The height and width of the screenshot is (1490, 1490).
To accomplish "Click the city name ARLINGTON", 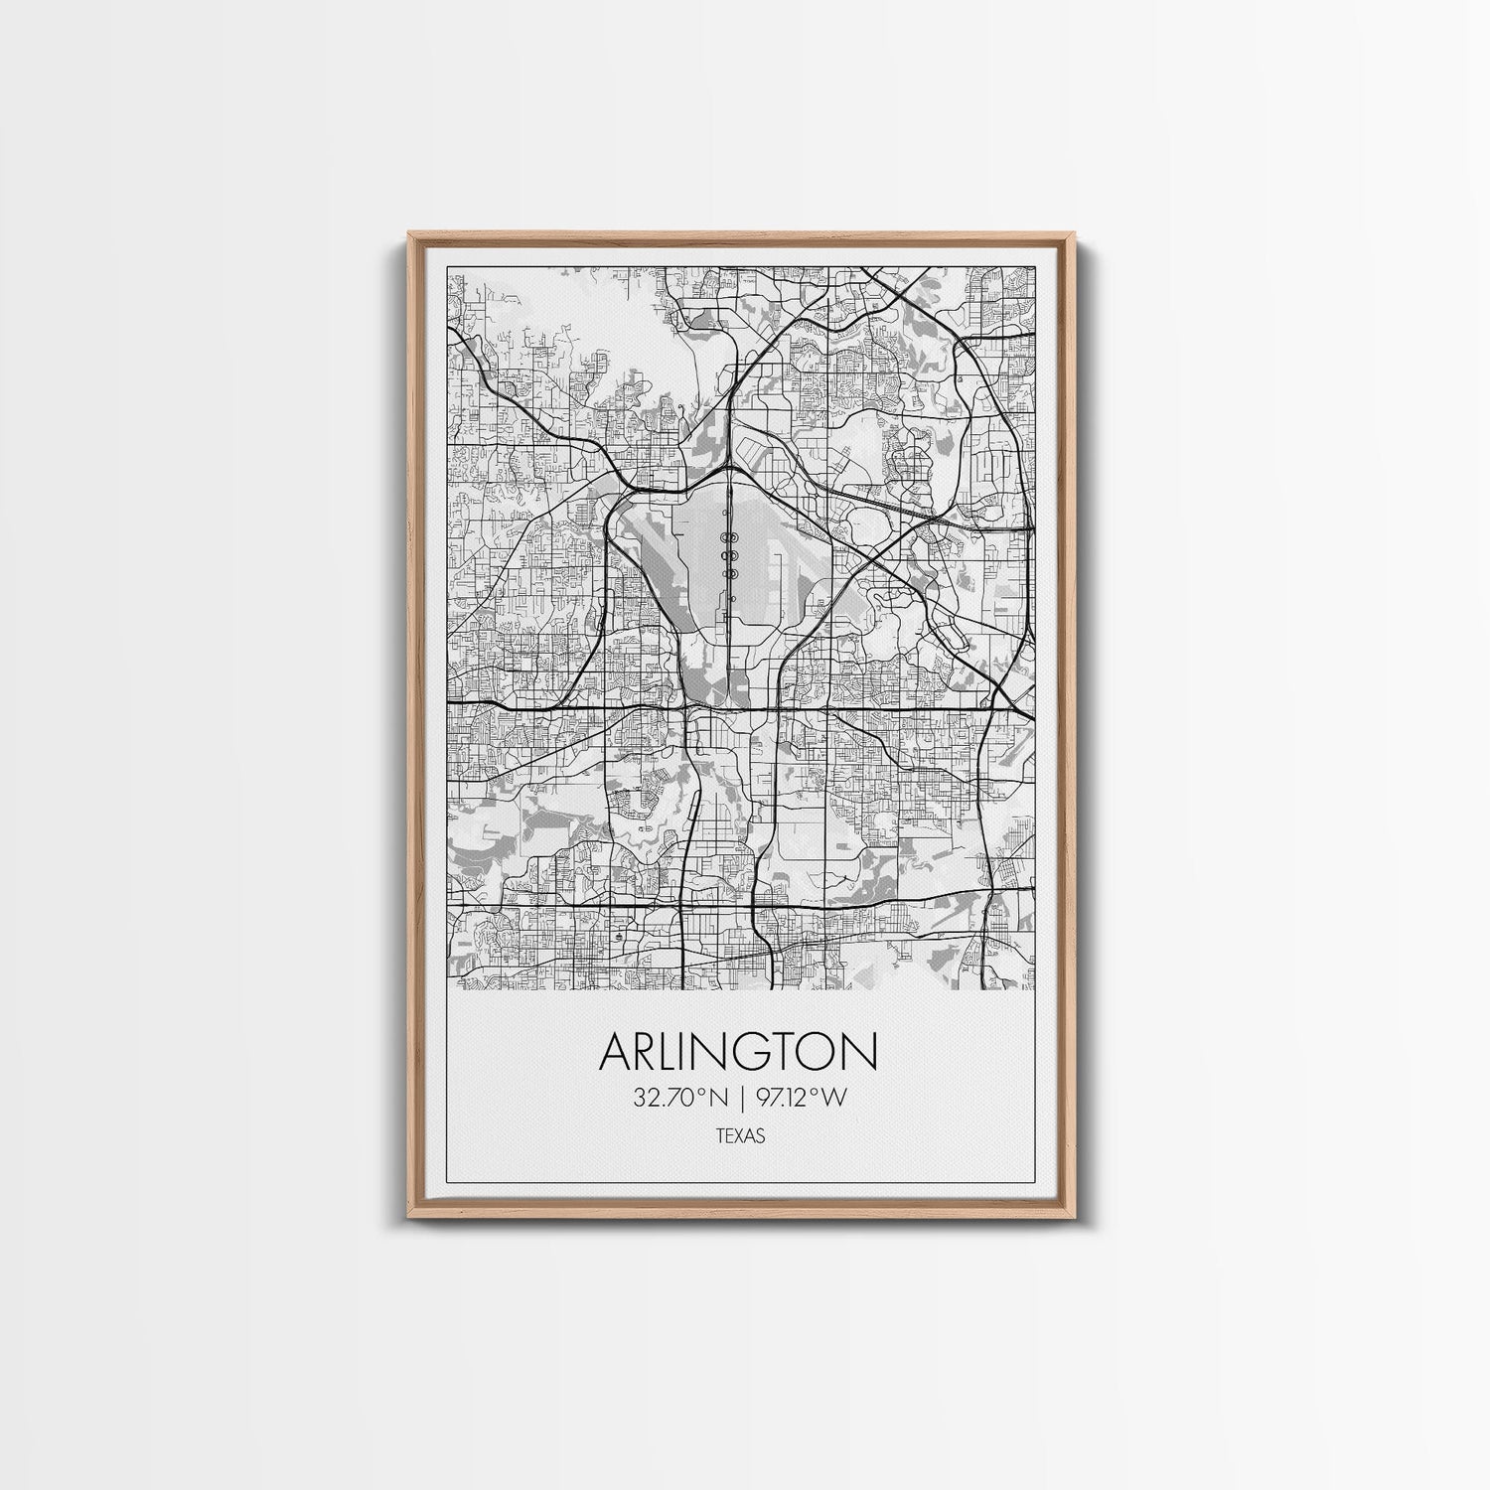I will (738, 1053).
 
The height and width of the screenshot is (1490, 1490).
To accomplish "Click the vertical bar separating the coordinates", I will (741, 1098).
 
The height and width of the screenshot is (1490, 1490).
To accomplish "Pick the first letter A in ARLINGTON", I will (617, 1053).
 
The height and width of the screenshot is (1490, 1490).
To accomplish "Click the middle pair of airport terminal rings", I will (730, 554).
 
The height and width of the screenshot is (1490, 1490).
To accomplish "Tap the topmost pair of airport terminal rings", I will (730, 537).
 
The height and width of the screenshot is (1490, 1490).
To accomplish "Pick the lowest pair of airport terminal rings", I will (730, 572).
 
